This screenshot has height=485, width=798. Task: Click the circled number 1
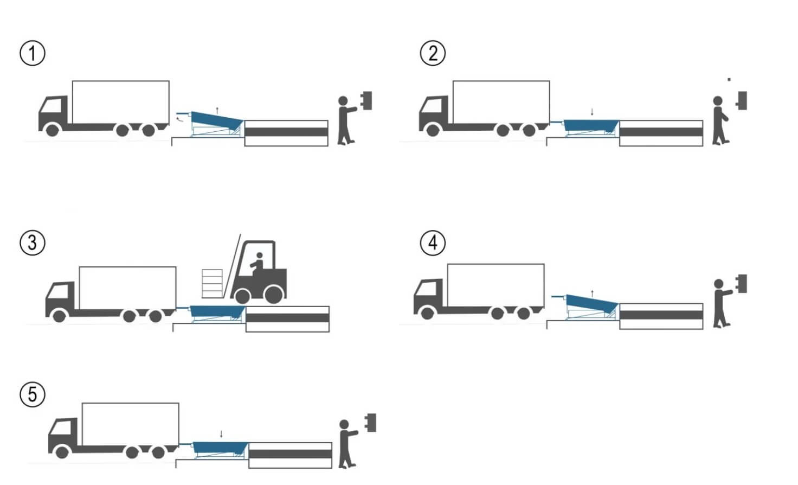tap(33, 54)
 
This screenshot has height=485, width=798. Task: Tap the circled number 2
tap(433, 54)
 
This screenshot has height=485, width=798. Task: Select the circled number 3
tap(33, 242)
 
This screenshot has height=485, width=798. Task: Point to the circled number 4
tap(433, 242)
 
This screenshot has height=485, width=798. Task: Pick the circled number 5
tap(33, 394)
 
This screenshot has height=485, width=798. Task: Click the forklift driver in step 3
tap(257, 264)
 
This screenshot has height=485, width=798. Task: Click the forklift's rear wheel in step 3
tap(274, 295)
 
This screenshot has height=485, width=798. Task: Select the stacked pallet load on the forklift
tap(212, 283)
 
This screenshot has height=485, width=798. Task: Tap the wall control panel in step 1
tap(367, 101)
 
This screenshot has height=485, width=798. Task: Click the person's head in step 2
tap(718, 101)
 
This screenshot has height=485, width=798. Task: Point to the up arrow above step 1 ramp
tap(217, 110)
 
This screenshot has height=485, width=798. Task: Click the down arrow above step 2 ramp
tap(592, 112)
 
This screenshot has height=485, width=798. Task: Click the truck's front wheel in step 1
tap(53, 130)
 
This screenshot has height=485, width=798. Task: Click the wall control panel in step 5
tap(371, 423)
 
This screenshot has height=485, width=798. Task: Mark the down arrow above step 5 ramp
tap(221, 434)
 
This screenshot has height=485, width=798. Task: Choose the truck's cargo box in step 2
tap(501, 102)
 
